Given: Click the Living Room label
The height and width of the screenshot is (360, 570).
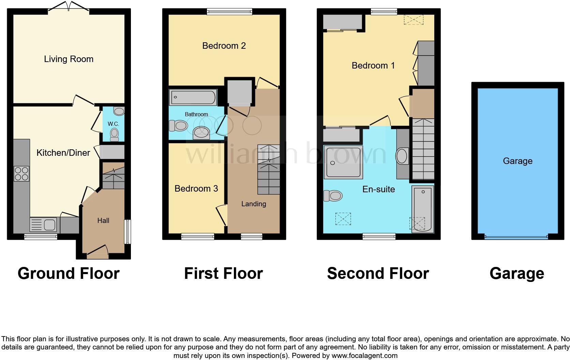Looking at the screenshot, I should click(69, 59).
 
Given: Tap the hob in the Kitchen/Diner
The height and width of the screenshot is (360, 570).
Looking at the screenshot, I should click(21, 174).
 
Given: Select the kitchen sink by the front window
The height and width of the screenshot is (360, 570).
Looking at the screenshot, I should click(43, 225).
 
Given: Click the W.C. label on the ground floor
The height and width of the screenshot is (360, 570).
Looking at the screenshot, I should click(113, 124).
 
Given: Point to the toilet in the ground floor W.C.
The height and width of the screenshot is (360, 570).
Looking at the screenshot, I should click(115, 134).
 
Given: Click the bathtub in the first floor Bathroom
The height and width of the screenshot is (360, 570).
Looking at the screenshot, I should click(193, 97).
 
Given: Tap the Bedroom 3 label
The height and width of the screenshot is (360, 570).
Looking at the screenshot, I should click(196, 189).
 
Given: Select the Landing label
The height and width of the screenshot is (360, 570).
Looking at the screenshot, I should click(254, 204).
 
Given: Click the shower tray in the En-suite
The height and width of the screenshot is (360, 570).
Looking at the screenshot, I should click(343, 162).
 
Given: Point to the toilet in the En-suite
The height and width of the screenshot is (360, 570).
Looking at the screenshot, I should click(333, 196).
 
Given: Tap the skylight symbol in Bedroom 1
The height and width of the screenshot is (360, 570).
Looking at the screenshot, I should click(413, 19).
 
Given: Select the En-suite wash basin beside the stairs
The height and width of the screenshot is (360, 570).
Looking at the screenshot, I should click(402, 156).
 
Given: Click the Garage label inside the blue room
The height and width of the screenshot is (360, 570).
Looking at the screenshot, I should click(517, 161).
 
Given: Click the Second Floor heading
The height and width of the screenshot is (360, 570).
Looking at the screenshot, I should click(378, 273).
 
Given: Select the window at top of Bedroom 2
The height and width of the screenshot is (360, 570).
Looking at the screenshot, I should click(229, 12).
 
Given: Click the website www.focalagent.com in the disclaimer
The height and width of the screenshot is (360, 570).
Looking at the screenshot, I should click(364, 356).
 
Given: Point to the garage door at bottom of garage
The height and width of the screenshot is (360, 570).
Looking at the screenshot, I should click(516, 236).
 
